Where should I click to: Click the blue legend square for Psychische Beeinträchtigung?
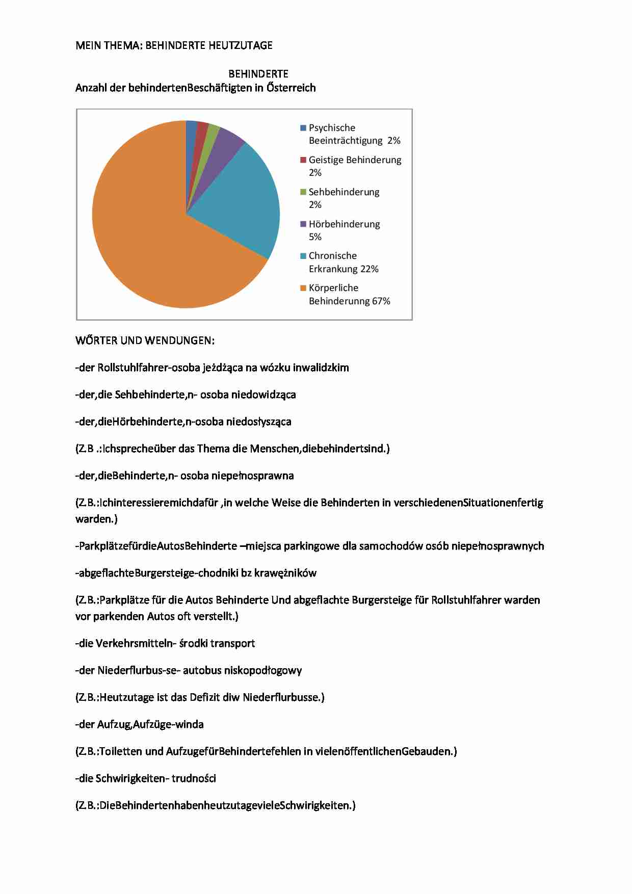[x=303, y=128]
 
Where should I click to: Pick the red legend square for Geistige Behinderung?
[x=303, y=160]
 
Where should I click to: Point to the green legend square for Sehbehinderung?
[x=303, y=192]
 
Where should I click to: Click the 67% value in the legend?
[x=381, y=301]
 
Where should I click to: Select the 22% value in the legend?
[x=369, y=269]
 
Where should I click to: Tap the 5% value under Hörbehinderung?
[x=315, y=237]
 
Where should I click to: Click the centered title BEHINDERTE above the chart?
[x=258, y=74]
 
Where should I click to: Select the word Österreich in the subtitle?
[x=291, y=88]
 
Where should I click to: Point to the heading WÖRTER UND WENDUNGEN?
[x=145, y=340]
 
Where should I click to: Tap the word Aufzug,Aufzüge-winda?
[x=150, y=725]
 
